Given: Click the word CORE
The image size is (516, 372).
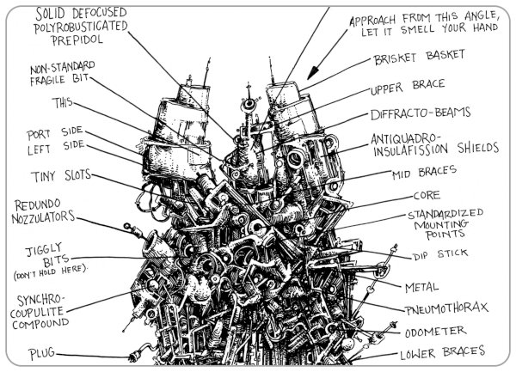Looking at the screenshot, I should (x=427, y=195).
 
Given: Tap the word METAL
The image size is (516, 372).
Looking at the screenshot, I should (x=423, y=285).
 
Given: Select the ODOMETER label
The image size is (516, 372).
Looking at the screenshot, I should (x=438, y=331).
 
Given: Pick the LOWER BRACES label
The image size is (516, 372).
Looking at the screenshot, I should (x=442, y=352).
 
